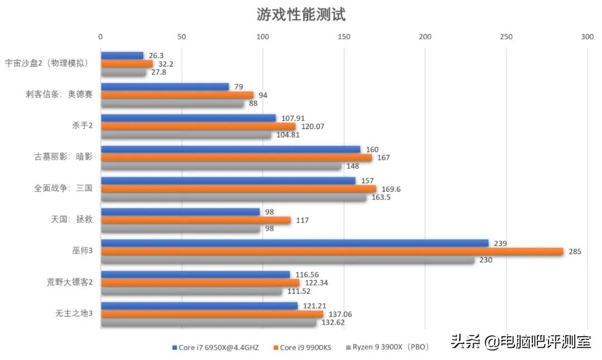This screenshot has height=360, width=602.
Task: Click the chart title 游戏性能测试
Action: (301, 14)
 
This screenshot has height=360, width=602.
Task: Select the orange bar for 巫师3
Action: (332, 251)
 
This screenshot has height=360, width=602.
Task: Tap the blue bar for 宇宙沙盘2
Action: (122, 55)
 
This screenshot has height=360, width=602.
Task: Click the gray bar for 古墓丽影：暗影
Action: (221, 166)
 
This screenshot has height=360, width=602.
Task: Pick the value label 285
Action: (575, 252)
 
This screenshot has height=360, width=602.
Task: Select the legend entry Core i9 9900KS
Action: (305, 348)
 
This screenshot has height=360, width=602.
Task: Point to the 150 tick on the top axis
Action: (344, 37)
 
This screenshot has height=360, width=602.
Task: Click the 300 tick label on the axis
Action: (587, 37)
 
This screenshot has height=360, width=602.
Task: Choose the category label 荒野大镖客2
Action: (70, 282)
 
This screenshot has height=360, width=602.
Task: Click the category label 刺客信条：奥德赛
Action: (62, 94)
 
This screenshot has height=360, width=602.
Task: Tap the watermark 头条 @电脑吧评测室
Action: (521, 341)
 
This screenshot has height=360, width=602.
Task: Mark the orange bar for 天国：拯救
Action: (196, 220)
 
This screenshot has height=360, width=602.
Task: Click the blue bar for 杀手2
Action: (188, 118)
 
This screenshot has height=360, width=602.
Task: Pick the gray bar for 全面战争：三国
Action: (234, 197)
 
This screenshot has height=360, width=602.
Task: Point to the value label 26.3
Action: (156, 56)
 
